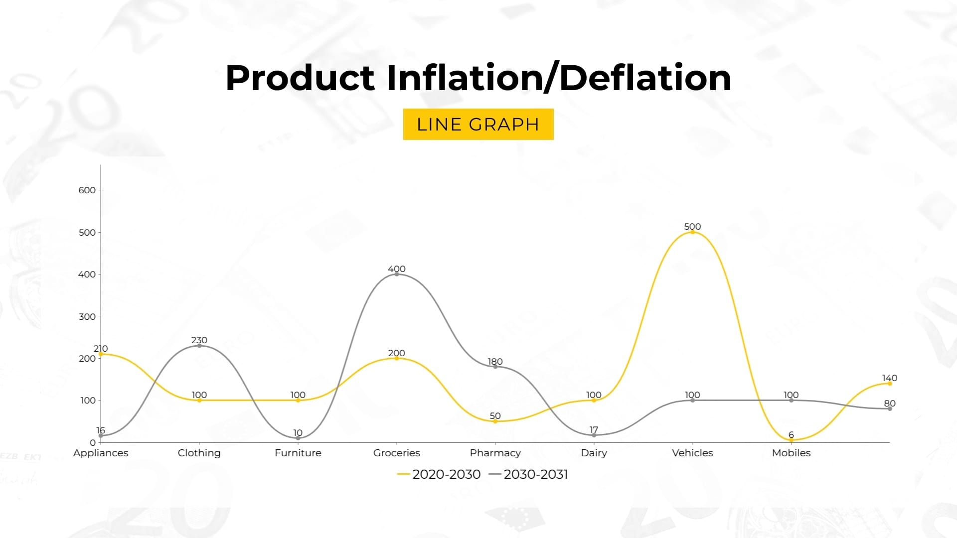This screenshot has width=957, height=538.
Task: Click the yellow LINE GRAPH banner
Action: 478,124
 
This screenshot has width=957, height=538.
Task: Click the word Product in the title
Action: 300,78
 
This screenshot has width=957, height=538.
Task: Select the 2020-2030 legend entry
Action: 439,474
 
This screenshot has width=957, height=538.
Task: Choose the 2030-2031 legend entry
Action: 529,474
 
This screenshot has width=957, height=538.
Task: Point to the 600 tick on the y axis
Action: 87,190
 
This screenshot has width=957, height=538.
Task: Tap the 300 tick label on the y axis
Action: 87,316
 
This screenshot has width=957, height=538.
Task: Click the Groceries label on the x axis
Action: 396,453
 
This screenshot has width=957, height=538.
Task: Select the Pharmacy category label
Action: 495,453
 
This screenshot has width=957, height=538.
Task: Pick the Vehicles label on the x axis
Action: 692,453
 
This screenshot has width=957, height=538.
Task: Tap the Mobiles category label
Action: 791,453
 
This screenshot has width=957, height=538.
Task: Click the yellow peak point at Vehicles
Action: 692,232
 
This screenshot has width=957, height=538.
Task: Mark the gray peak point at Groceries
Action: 397,274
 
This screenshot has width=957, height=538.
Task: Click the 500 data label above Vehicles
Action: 692,226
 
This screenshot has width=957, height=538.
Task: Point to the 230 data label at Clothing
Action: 199,340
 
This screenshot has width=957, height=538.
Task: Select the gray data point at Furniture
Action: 298,438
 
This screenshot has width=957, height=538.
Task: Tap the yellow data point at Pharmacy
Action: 495,421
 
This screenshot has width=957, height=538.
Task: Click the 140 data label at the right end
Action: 889,378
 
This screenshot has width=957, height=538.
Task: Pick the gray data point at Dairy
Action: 594,435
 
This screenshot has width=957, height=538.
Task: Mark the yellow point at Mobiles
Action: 791,440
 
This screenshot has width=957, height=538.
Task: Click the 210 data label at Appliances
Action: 101,348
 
